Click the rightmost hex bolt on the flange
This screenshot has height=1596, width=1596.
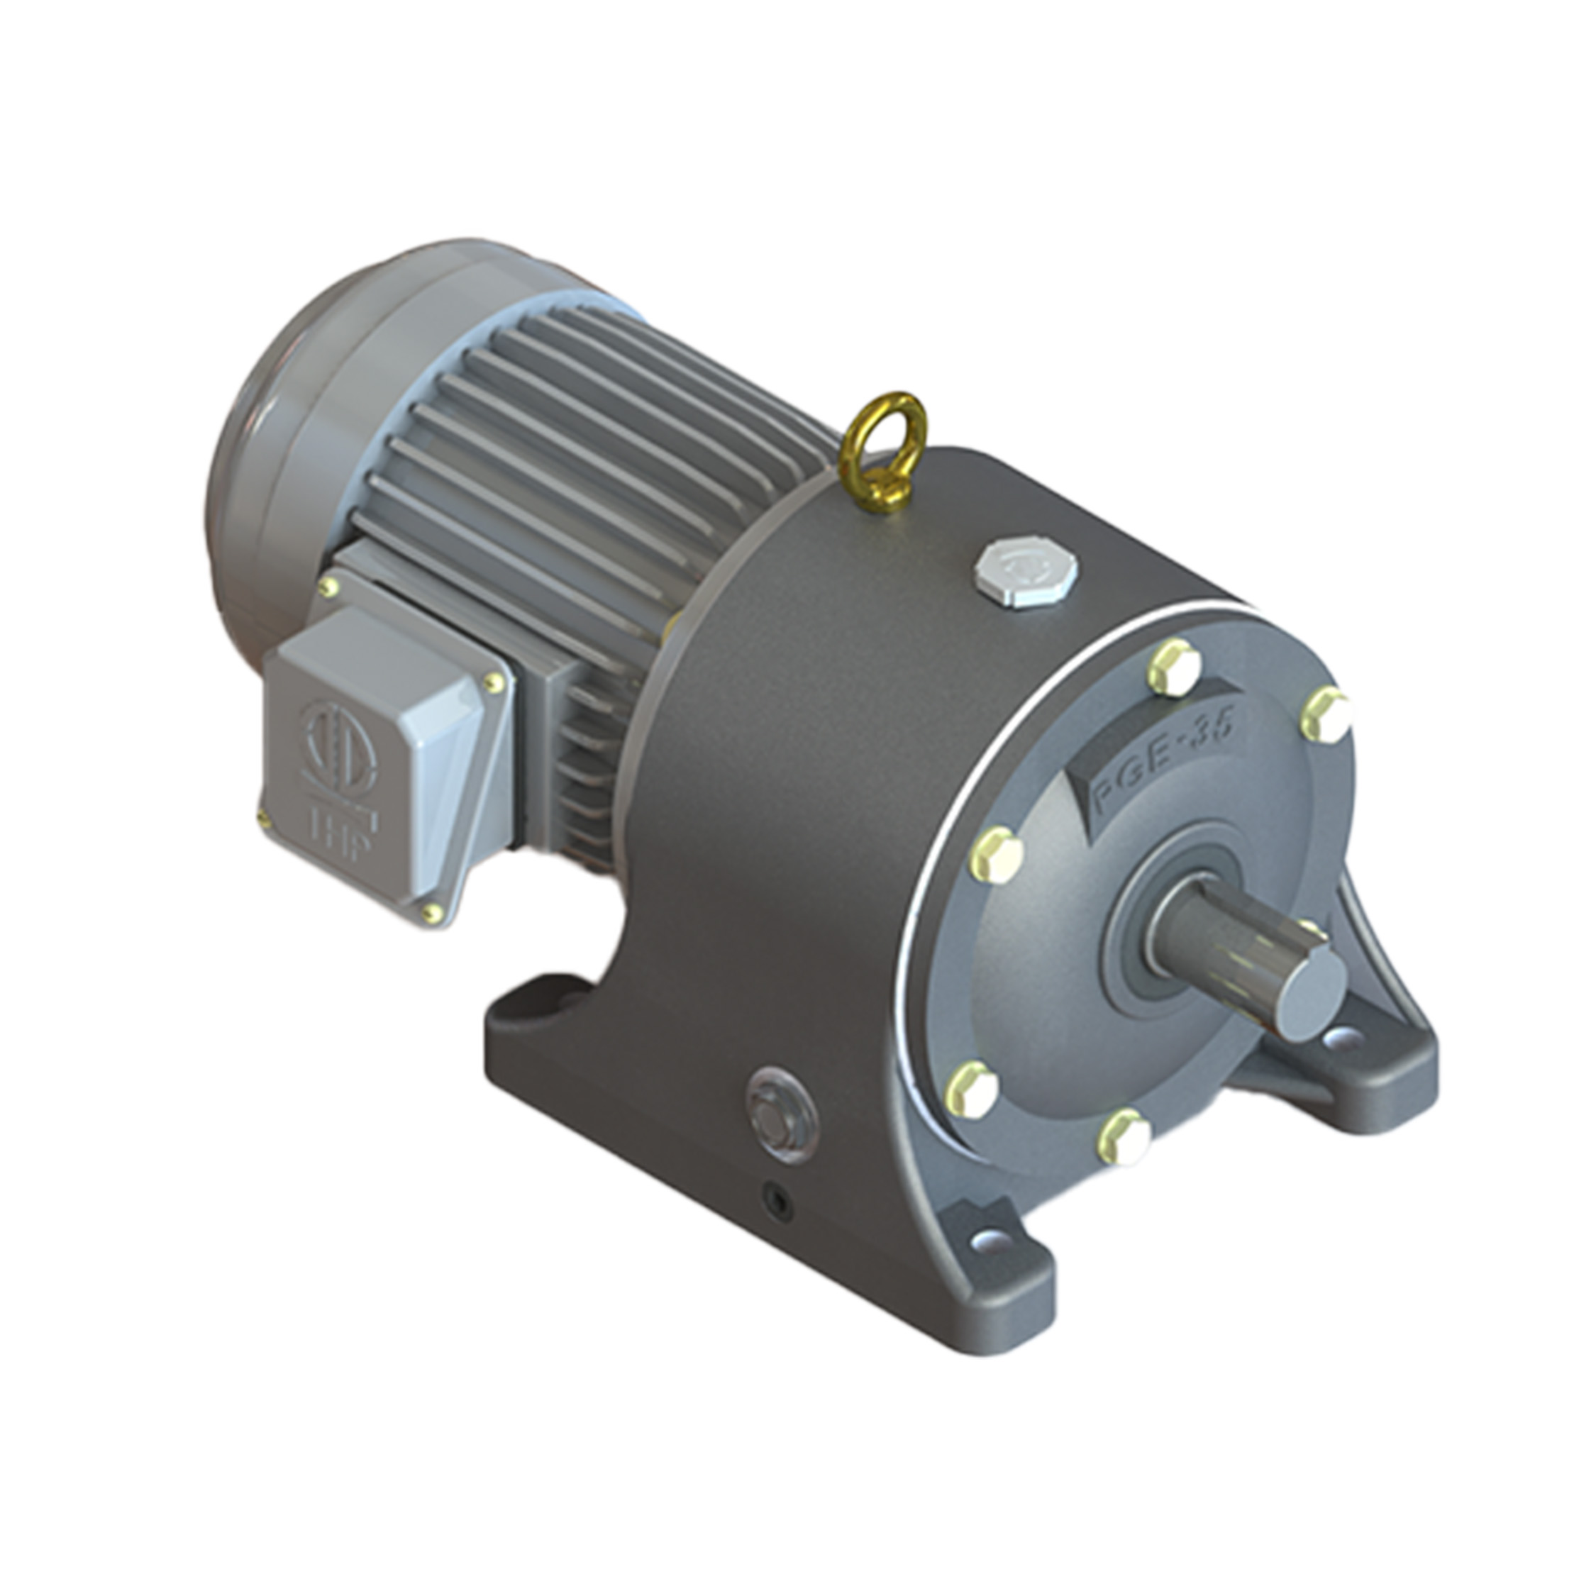(x=1326, y=714)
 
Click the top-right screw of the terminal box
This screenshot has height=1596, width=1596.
(x=493, y=682)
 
